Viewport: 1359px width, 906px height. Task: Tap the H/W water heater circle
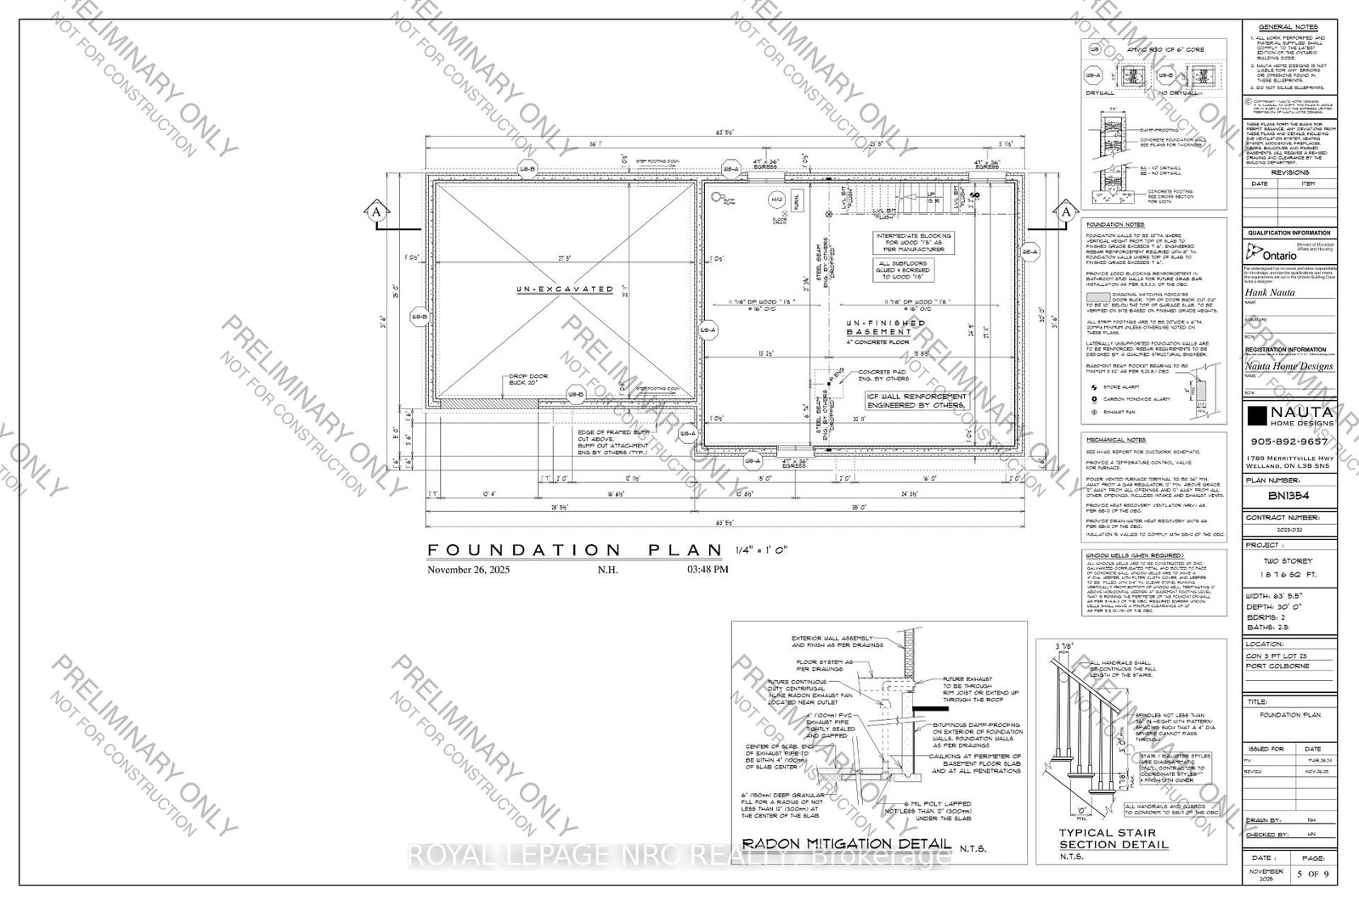click(x=775, y=200)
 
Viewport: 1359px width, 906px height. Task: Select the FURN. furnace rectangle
click(x=796, y=202)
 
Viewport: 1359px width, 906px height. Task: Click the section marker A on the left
click(x=373, y=211)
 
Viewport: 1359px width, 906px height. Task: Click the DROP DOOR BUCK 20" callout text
click(x=529, y=380)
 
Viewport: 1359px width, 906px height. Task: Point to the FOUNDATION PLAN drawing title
click(x=573, y=549)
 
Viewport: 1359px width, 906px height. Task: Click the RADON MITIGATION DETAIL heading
click(x=846, y=844)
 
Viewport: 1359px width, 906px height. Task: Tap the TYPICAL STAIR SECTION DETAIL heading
click(x=1113, y=839)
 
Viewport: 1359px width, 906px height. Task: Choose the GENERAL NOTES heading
click(x=1288, y=27)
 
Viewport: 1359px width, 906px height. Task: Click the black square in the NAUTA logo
click(x=1256, y=414)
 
